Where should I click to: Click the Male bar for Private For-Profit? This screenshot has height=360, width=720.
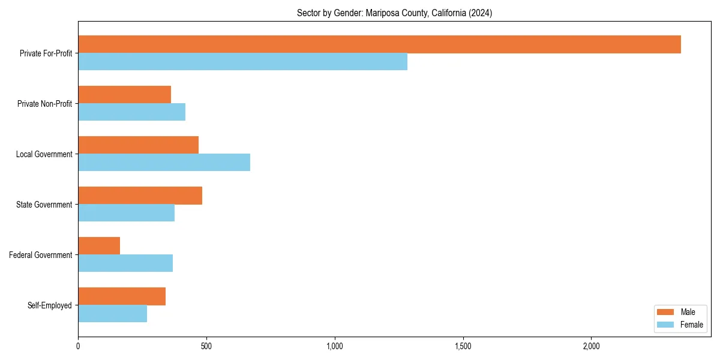point(379,44)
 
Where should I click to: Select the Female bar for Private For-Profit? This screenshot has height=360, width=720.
point(242,62)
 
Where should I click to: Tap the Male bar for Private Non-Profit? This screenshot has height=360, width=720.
point(124,95)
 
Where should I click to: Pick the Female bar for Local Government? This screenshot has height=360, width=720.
point(164,163)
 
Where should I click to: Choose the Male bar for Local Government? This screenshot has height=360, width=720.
point(138,145)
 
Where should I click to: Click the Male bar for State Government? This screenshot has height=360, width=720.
point(140,196)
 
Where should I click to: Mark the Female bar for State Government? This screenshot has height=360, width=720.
point(126,213)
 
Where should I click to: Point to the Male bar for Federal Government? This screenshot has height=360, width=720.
point(99,246)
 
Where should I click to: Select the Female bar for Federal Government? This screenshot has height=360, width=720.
point(125,263)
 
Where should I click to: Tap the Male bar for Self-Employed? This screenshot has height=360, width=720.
point(122,296)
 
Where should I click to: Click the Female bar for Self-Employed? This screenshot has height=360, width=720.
point(112,314)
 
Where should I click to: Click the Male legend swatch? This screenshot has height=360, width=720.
point(666,312)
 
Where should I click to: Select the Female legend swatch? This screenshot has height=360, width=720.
point(666,325)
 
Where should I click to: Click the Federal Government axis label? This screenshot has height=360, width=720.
point(41,255)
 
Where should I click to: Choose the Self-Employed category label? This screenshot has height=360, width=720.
point(50,305)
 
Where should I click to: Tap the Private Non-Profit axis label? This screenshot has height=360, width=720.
point(44,104)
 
